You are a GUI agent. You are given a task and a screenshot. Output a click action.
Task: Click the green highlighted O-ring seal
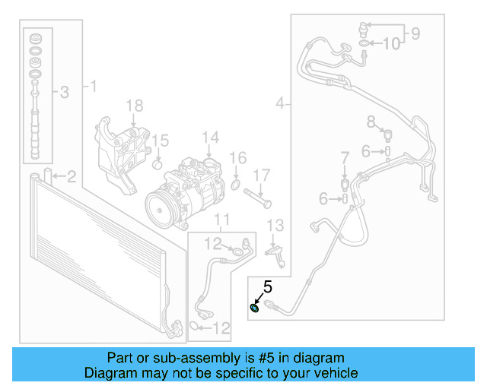point(255,307)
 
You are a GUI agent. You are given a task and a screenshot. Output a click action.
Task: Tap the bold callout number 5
point(267,287)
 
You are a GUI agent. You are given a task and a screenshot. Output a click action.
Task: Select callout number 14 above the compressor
point(210,138)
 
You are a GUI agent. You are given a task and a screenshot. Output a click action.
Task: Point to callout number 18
point(134,105)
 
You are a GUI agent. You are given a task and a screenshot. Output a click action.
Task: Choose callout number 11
point(221,221)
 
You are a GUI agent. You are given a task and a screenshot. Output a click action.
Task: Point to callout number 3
point(64,92)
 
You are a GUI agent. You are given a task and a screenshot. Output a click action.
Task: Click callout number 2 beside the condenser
point(71,178)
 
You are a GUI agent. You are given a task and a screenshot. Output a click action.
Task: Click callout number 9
point(415,33)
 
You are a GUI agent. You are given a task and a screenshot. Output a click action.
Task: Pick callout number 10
point(390,44)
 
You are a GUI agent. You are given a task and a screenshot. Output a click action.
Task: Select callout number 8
point(371,121)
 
